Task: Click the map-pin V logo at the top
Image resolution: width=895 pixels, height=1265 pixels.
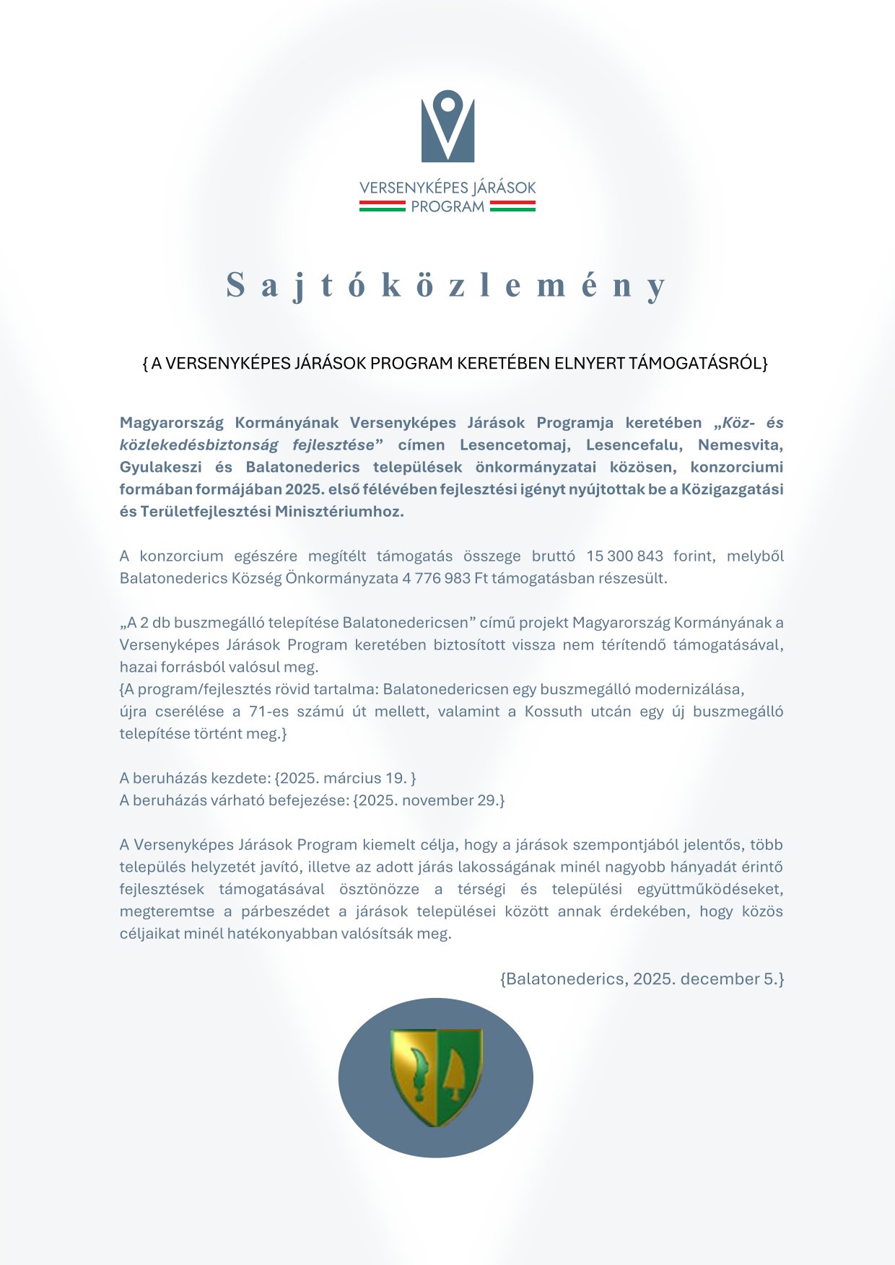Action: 447,126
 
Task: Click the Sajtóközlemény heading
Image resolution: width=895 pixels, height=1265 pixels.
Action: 447,285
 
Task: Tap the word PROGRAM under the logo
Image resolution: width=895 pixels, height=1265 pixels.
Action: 447,207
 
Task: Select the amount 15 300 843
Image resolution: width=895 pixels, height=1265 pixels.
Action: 624,556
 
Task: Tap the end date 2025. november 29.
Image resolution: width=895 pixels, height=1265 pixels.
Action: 428,800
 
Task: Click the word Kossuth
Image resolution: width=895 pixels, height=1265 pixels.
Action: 553,712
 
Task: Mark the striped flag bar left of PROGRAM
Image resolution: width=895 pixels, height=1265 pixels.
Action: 382,206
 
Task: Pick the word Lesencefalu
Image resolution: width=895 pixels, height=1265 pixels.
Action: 632,445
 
